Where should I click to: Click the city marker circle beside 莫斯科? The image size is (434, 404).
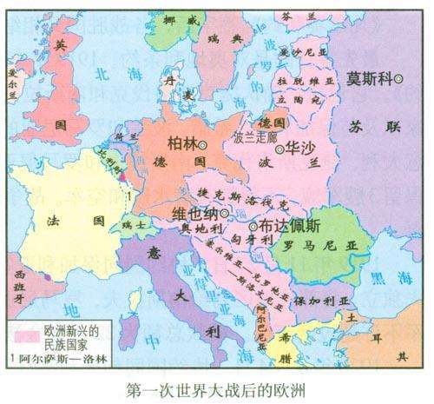click(399, 79)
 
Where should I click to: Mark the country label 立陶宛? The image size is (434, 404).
click(305, 99)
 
